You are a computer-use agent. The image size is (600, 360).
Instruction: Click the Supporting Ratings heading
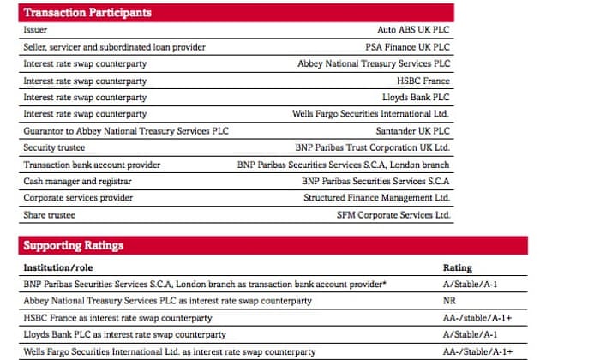[74, 246]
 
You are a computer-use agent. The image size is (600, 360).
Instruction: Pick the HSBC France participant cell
[423, 81]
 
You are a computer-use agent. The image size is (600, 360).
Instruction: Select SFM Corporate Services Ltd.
[393, 215]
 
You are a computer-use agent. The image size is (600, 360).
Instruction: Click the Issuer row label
[35, 30]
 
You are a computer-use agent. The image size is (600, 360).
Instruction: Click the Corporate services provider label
[78, 198]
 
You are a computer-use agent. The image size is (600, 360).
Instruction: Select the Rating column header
[457, 267]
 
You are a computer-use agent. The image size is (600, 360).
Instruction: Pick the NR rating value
[448, 301]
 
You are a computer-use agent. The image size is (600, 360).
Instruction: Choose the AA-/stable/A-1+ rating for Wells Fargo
[477, 351]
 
